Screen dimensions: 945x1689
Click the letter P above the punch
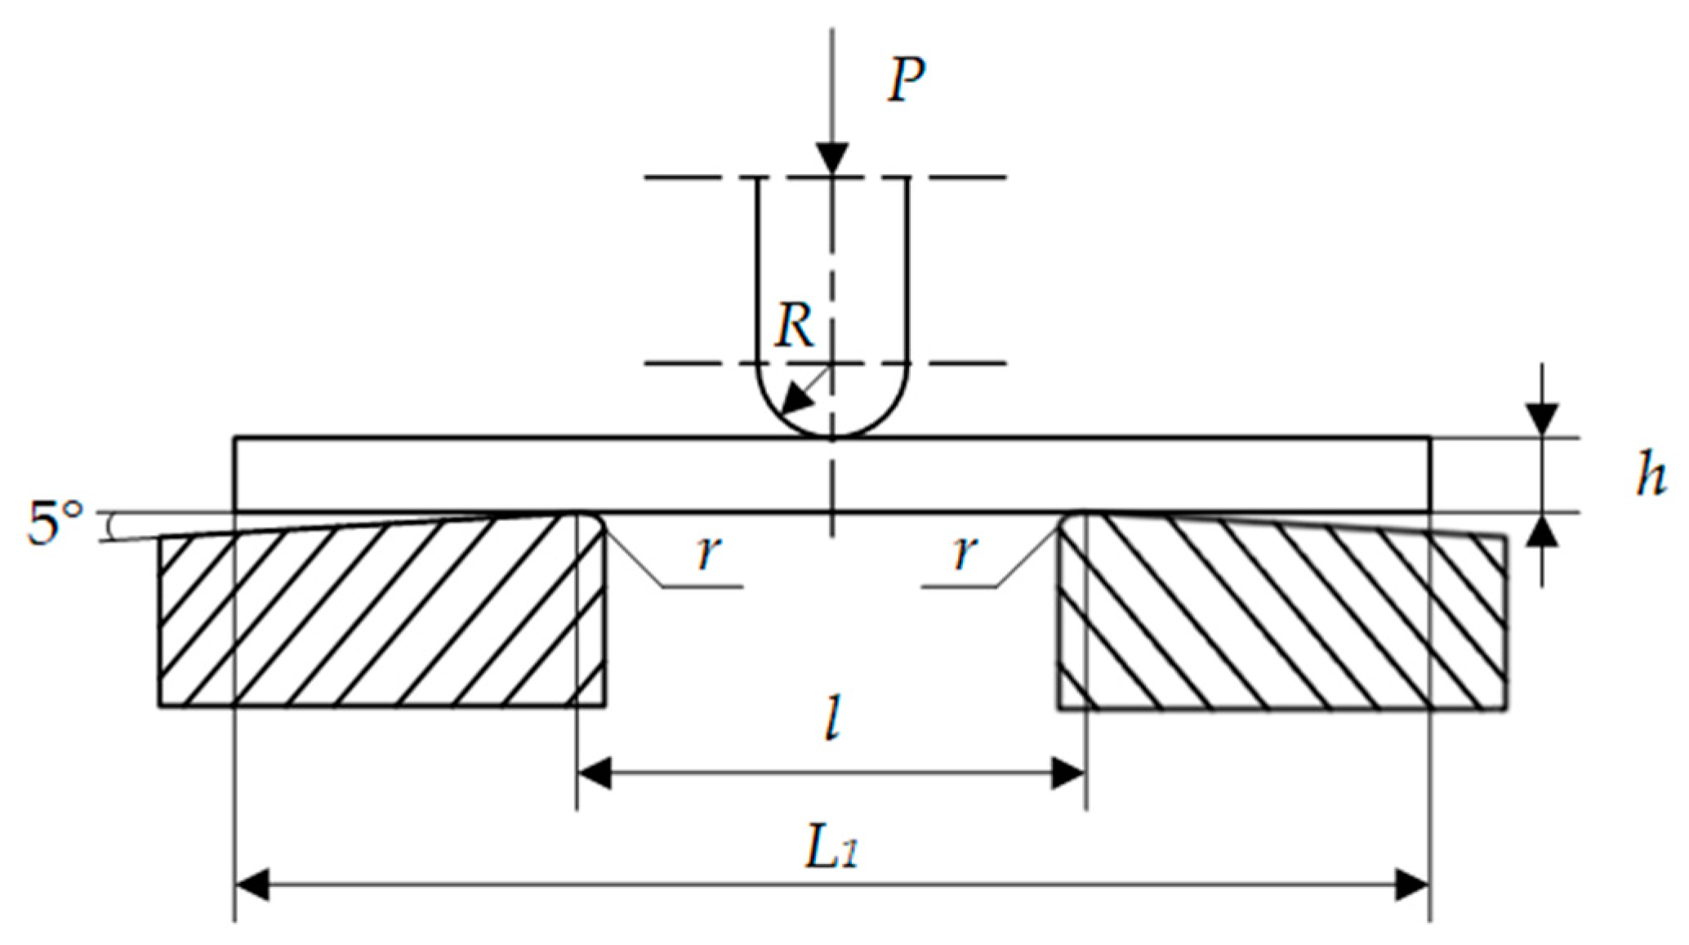(907, 80)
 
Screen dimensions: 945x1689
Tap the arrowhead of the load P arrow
(832, 158)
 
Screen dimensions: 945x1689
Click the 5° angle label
(56, 523)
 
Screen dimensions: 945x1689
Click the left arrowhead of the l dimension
(595, 773)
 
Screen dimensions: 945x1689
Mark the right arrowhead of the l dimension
(1068, 773)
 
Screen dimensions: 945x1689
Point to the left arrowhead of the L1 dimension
(252, 885)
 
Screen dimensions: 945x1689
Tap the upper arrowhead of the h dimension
(1542, 420)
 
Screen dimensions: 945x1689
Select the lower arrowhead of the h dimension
(1542, 532)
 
